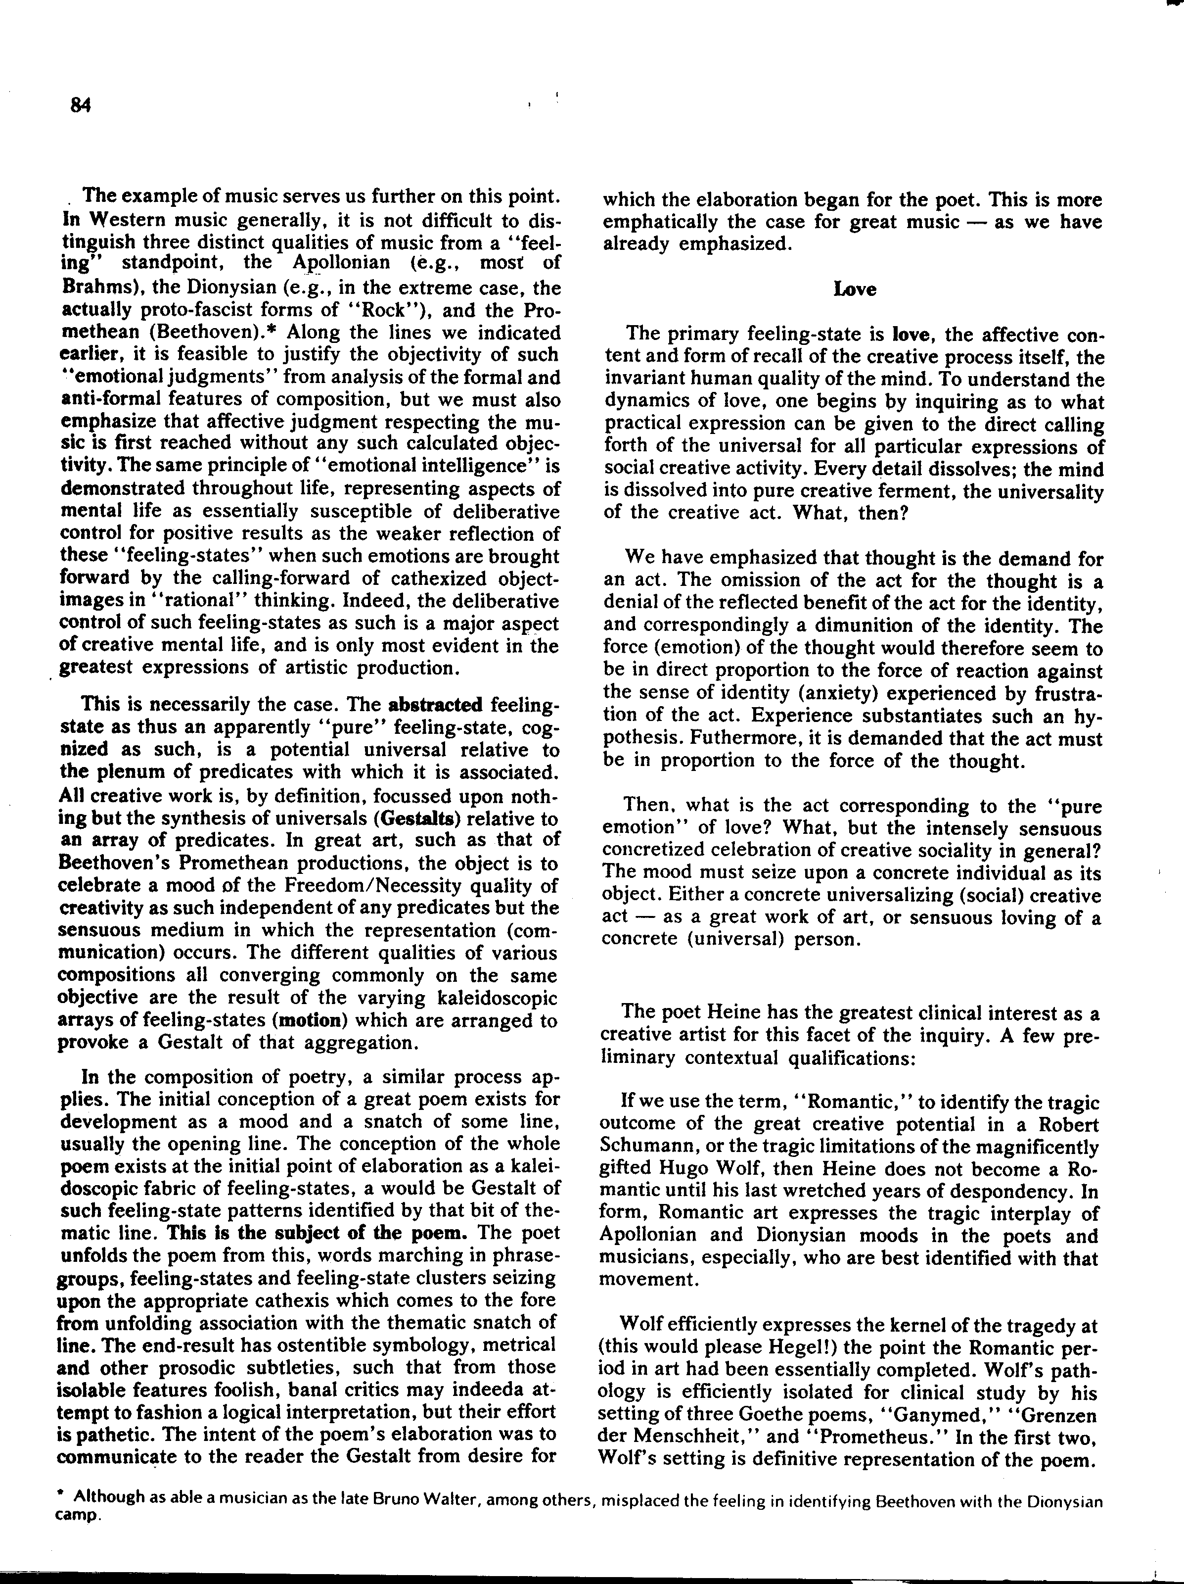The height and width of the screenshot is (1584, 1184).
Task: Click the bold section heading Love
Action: pyautogui.click(x=855, y=289)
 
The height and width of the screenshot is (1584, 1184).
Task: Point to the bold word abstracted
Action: pyautogui.click(x=435, y=705)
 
